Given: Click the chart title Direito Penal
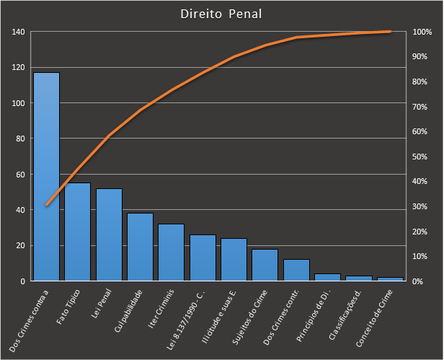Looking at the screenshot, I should [221, 14].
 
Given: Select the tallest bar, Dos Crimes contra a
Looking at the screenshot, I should [46, 177].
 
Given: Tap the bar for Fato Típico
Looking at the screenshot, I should [78, 232].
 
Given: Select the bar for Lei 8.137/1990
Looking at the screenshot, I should [203, 258].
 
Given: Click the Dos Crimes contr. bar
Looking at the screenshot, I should [296, 270].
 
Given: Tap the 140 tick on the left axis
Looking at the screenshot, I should [18, 32].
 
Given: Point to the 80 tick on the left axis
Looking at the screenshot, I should [20, 139].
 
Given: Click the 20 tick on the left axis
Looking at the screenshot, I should [20, 245].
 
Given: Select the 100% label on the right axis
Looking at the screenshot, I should [422, 32].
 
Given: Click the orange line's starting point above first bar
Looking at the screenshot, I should [46, 206].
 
